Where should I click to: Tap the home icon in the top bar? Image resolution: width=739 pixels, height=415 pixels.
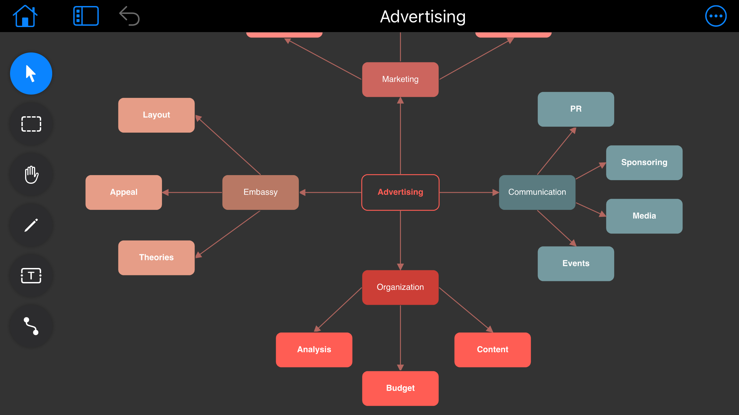[25, 16]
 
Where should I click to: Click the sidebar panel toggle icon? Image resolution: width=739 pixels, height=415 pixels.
[86, 16]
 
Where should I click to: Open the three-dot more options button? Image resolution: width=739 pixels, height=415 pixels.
[716, 16]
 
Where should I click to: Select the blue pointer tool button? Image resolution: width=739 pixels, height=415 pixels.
[31, 74]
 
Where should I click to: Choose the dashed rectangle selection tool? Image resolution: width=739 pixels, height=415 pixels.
[31, 124]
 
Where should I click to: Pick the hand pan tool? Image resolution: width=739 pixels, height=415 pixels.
[31, 174]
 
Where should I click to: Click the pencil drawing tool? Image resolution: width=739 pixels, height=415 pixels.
[31, 225]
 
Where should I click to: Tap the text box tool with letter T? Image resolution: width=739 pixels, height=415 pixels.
[31, 276]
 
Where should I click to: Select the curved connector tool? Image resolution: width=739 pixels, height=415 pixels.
[31, 326]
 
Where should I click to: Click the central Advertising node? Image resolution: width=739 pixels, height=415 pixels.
[400, 192]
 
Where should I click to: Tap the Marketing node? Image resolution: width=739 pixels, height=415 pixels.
[400, 80]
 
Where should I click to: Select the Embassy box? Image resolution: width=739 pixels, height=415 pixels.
[260, 192]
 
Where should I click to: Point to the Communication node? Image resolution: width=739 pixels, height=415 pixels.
[537, 192]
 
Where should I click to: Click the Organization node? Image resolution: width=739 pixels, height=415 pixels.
[400, 287]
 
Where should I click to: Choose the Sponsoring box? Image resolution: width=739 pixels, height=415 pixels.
[644, 163]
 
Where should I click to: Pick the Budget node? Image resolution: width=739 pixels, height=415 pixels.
[400, 388]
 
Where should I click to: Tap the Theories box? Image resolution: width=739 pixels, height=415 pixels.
[156, 258]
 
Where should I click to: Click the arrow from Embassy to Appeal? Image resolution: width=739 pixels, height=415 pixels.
[192, 192]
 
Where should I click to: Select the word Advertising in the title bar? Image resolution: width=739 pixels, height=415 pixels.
[423, 17]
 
